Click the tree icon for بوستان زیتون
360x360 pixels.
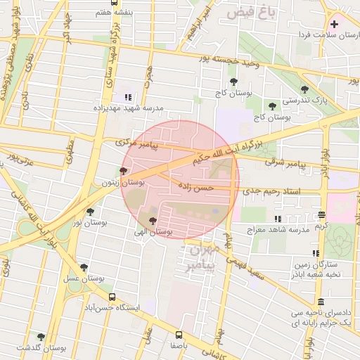(123, 171)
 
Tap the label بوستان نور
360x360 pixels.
(90, 222)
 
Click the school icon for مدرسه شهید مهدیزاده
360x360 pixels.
(128, 97)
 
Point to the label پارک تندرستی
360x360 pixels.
(304, 101)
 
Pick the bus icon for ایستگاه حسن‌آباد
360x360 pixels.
(112, 297)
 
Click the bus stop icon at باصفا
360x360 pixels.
(179, 335)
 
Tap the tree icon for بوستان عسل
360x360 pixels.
(84, 267)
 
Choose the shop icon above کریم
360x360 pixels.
(321, 215)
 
